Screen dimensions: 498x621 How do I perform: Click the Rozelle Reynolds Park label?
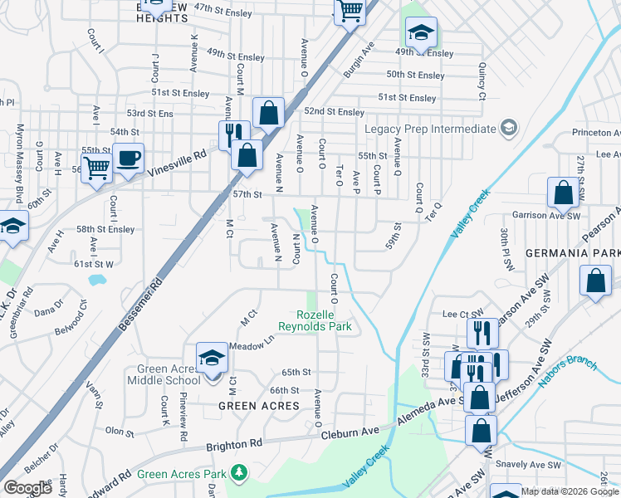(325, 320)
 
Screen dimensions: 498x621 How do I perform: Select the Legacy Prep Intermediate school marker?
(509, 129)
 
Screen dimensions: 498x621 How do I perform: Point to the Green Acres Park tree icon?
(239, 472)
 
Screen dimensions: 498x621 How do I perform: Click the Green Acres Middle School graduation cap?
(212, 358)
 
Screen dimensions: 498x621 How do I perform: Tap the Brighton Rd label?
(235, 445)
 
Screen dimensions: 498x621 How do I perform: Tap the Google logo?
(27, 488)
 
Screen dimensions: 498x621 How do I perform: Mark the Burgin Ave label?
(359, 59)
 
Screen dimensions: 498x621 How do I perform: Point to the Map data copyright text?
(570, 491)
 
